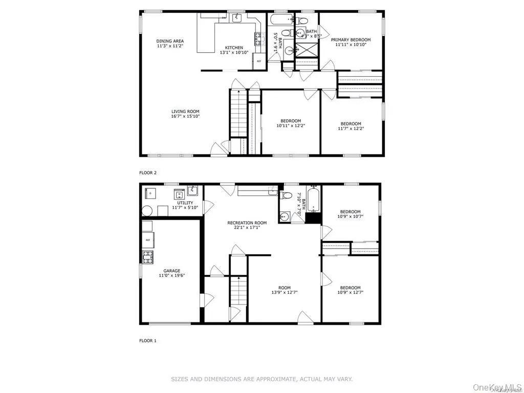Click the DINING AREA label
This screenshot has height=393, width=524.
pos(170,41)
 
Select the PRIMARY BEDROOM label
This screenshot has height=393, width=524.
pos(351,39)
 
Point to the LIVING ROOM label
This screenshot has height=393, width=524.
pos(185,111)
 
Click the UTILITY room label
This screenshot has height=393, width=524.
pos(171,203)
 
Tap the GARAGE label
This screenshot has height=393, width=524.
pos(171,271)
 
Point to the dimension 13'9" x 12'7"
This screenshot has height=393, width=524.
pos(285,292)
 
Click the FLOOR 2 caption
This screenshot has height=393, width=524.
pos(148,173)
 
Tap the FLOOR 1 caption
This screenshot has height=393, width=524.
pos(148,340)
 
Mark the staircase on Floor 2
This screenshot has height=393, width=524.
pos(237,113)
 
